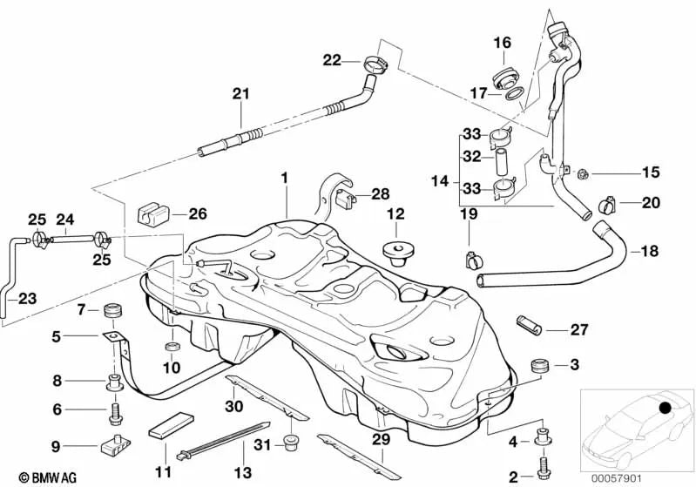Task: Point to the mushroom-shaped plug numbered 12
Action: click(397, 251)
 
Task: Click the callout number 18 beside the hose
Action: click(649, 251)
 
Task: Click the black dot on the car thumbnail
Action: click(666, 407)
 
